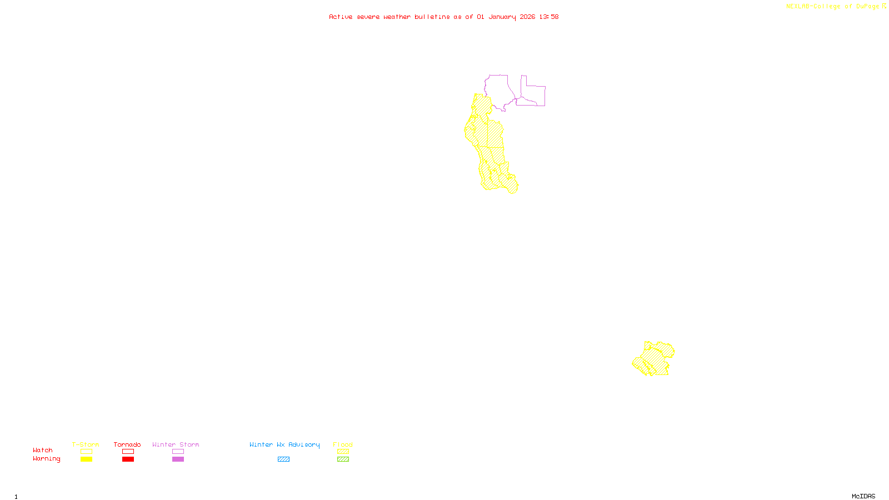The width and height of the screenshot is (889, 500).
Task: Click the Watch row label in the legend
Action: click(43, 451)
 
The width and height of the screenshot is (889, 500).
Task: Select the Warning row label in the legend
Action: click(47, 459)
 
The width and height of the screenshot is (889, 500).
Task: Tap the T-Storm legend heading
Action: click(86, 444)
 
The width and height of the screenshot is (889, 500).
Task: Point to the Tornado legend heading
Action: click(127, 444)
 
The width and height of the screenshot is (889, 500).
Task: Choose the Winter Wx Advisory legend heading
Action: click(284, 444)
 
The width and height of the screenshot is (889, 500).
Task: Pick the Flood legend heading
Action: click(343, 444)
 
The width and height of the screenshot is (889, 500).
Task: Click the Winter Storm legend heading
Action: click(176, 444)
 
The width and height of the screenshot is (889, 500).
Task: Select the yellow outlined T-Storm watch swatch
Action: click(86, 452)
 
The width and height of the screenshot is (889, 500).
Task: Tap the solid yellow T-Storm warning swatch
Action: click(86, 459)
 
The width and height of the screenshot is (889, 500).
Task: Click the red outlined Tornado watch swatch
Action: click(128, 452)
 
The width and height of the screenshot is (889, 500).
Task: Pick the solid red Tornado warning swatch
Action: click(128, 459)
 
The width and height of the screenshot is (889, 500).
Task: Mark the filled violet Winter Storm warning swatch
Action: click(178, 459)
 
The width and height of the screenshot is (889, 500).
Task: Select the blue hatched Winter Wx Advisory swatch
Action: click(283, 459)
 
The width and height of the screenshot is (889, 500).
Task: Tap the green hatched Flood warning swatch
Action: click(343, 459)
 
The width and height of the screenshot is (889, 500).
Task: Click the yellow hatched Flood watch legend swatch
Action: click(343, 452)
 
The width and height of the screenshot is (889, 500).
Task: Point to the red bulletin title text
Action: click(443, 17)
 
